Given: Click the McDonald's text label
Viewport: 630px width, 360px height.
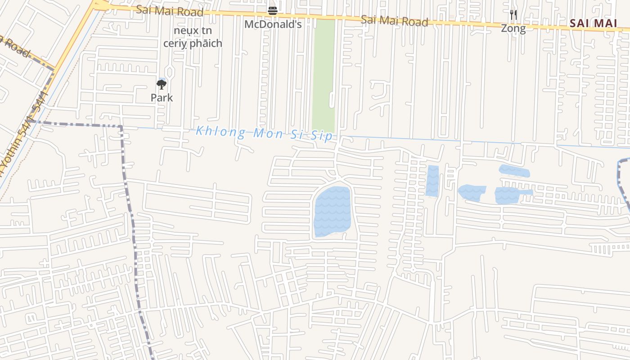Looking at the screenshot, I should pos(273,24).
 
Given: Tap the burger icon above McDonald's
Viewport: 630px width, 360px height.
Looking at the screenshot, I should pos(273,10).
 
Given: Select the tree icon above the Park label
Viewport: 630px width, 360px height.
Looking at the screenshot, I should pos(162,85).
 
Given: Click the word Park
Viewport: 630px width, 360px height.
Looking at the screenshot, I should pos(162,98).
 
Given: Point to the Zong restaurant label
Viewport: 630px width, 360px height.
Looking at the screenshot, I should pos(513,28).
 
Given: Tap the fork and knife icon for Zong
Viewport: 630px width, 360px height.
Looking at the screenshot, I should pos(513,15).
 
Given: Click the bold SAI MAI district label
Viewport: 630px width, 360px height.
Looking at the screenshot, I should pos(593,23).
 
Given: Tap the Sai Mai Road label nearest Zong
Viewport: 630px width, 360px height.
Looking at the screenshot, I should pos(394,20).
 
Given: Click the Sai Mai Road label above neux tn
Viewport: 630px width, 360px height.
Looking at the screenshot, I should pos(170,11).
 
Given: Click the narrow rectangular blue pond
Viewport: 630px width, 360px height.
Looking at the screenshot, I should pos(432,181).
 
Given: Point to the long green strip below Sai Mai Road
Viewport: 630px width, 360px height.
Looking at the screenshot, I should pos(324,74).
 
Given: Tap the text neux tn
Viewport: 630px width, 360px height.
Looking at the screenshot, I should pos(193,31).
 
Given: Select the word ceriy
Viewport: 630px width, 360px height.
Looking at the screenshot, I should pos(174,43).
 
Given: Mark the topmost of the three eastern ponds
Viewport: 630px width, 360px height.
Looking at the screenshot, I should pos(514,171).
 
